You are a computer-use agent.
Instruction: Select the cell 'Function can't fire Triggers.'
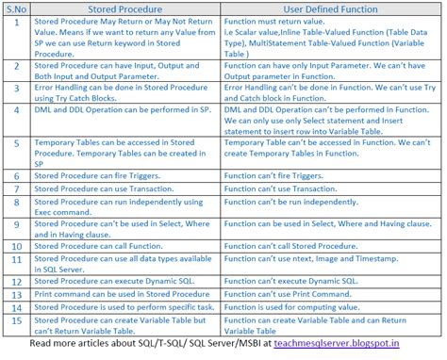coord(282,176)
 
